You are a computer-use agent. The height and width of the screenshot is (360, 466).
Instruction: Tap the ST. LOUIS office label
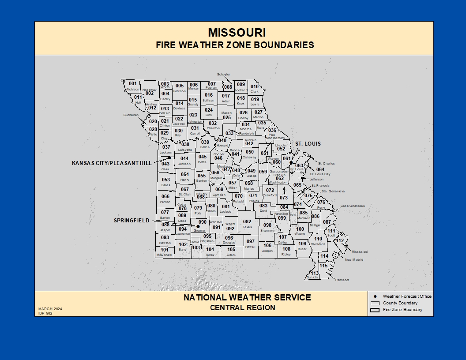tap(308, 144)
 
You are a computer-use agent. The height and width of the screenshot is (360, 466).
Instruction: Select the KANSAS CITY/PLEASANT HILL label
tap(112, 163)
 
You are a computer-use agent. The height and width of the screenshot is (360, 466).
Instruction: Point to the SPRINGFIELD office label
tap(132, 221)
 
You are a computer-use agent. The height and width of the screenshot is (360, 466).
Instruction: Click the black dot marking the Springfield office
tap(198, 226)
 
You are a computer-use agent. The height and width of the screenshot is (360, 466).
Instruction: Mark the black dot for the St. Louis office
tap(291, 162)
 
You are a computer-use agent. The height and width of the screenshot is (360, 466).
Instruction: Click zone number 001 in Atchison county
tap(133, 83)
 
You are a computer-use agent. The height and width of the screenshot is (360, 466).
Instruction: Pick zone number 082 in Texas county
tap(247, 221)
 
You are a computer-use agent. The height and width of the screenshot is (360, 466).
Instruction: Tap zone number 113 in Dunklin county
tap(314, 273)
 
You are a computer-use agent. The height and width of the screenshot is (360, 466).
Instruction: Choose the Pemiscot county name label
tap(342, 280)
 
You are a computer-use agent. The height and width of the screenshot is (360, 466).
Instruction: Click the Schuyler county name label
tap(224, 75)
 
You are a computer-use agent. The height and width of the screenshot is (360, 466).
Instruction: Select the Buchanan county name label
tap(131, 115)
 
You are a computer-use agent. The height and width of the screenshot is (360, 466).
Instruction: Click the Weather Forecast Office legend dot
tap(375, 296)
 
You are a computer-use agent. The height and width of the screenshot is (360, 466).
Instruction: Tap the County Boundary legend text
tap(400, 303)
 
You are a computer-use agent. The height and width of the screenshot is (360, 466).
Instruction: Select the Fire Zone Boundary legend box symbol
tap(375, 310)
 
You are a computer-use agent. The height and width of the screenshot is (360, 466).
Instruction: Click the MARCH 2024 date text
tap(50, 309)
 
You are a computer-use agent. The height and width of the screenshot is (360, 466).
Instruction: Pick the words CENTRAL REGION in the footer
tap(242, 307)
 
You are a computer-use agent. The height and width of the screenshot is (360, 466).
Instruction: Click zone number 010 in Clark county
tap(255, 87)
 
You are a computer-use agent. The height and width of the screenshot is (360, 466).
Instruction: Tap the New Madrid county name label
tap(354, 260)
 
